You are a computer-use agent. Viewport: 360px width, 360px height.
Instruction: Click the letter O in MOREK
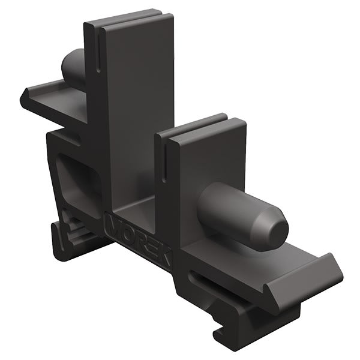point(127,232)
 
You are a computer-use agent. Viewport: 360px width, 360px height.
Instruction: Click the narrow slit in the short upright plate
point(164,162)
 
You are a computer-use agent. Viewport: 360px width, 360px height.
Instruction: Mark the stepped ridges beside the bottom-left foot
point(72,231)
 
